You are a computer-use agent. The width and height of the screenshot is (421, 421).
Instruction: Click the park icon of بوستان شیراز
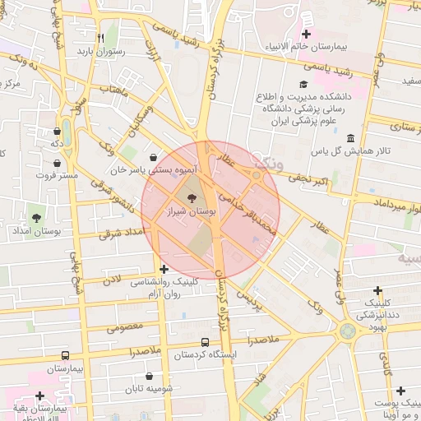click(192, 198)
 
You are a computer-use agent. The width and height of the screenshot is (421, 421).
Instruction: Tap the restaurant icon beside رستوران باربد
click(100, 38)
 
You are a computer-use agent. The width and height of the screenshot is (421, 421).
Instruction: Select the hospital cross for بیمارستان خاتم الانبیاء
click(306, 34)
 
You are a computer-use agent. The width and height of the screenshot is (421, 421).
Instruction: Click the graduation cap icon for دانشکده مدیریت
click(303, 84)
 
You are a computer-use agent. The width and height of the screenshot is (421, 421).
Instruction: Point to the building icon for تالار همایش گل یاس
click(351, 138)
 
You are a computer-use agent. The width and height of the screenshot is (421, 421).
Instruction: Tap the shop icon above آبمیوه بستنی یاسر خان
click(154, 157)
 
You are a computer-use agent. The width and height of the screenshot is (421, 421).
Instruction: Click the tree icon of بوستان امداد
click(36, 218)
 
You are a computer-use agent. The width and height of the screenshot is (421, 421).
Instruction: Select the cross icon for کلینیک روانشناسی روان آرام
click(164, 269)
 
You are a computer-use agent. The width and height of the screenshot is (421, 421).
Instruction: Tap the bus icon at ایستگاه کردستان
click(205, 341)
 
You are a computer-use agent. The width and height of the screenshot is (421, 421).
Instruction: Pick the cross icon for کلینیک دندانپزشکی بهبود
click(377, 290)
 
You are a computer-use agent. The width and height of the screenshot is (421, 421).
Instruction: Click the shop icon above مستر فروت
click(56, 163)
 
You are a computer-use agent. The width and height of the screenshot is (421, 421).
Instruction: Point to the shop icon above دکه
click(56, 131)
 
